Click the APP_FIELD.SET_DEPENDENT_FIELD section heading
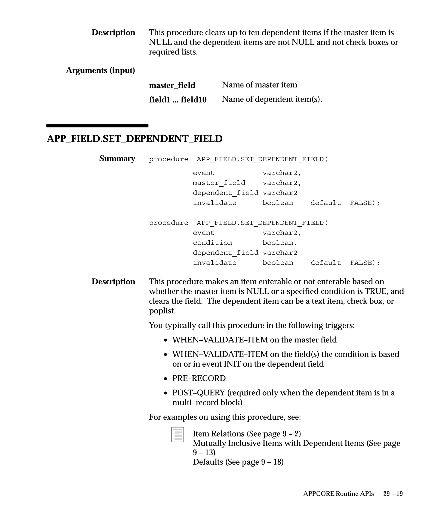click(x=135, y=139)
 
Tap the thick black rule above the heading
click(x=97, y=126)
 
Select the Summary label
click(x=117, y=159)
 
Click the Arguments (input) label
click(x=100, y=70)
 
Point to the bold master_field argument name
click(x=172, y=85)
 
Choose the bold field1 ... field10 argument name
click(x=178, y=100)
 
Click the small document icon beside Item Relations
click(x=178, y=435)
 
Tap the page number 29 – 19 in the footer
click(x=393, y=494)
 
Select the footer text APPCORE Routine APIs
click(x=338, y=494)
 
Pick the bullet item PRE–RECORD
click(x=199, y=378)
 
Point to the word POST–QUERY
click(x=198, y=393)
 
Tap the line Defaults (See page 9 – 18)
click(x=238, y=462)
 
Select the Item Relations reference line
click(x=247, y=434)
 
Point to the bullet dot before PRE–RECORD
click(x=166, y=379)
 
